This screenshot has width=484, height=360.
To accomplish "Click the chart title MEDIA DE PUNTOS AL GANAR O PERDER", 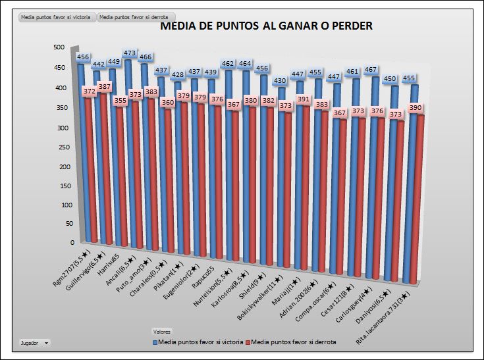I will tap(267, 26).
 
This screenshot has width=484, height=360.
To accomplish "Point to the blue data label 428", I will tap(178, 75).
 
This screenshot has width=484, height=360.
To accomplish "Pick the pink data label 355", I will tap(120, 101).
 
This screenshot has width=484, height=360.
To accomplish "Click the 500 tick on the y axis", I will tap(59, 47).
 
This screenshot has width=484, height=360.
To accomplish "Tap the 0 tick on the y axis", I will tap(65, 243).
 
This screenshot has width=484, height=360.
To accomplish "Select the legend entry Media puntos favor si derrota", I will tap(294, 342).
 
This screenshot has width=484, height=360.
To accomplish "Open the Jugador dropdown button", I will tap(34, 343).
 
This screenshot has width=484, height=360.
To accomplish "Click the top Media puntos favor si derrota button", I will tap(132, 18).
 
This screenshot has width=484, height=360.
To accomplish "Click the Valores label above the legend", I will tap(161, 331).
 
